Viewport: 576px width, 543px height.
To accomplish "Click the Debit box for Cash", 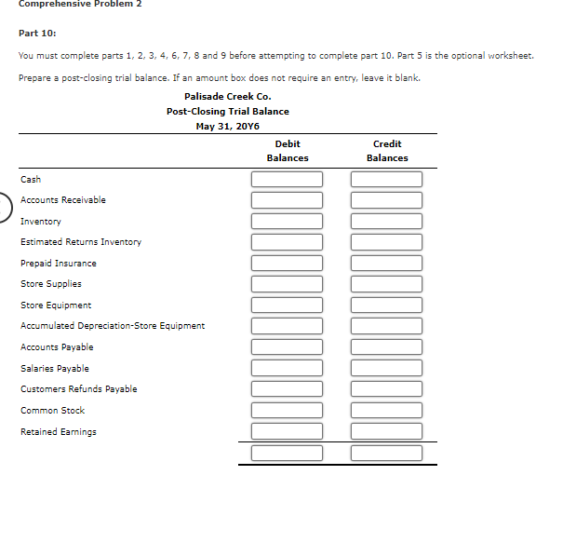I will (x=288, y=179).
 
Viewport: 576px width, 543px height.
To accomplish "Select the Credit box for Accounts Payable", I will (x=387, y=346).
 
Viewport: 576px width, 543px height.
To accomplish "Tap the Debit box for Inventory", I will (x=288, y=221).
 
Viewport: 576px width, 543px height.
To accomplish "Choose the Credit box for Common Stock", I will (x=387, y=410).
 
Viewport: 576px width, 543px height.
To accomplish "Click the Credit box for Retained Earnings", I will (x=387, y=431).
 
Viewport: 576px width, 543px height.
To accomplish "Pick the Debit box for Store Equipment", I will (x=288, y=305).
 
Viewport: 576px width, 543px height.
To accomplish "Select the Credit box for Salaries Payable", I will (x=387, y=368).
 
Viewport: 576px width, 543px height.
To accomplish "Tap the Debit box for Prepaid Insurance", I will (x=288, y=263).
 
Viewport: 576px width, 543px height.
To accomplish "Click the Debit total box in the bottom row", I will (x=288, y=454).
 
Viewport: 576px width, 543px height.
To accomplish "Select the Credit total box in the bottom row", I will (x=387, y=454).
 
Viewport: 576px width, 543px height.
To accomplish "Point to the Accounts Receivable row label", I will (x=63, y=200).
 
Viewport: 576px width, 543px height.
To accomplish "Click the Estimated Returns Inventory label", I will (x=81, y=242).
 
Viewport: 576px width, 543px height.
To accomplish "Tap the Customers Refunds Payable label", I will (x=79, y=389).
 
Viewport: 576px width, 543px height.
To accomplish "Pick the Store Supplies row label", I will (x=51, y=284).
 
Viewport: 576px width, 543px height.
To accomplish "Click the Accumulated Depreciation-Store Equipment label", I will (x=113, y=326).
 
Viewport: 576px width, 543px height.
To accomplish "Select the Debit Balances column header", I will (x=288, y=151).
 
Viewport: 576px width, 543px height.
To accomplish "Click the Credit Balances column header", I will (x=387, y=151).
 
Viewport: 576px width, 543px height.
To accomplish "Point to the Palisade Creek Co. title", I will (x=228, y=96).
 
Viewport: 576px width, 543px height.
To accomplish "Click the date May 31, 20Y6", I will (x=228, y=127).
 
